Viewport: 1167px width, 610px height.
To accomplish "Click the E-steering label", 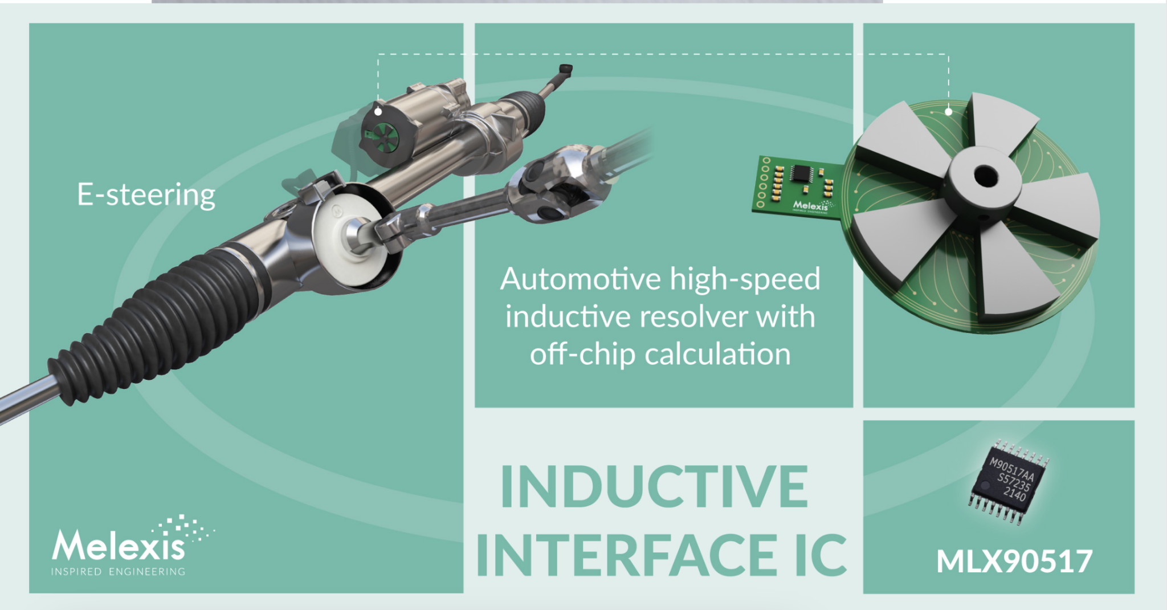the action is [146, 196].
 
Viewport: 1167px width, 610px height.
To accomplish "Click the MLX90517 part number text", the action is [1014, 562].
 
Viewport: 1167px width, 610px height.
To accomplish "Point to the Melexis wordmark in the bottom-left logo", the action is [119, 546].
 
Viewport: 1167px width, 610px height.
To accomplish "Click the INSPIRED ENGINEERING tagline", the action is [118, 571].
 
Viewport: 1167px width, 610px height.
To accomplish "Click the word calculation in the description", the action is [717, 354].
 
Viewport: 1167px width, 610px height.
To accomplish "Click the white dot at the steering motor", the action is [378, 111].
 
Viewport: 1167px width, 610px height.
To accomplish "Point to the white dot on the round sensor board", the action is [948, 111].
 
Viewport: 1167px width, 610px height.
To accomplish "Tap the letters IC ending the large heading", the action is [821, 555].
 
